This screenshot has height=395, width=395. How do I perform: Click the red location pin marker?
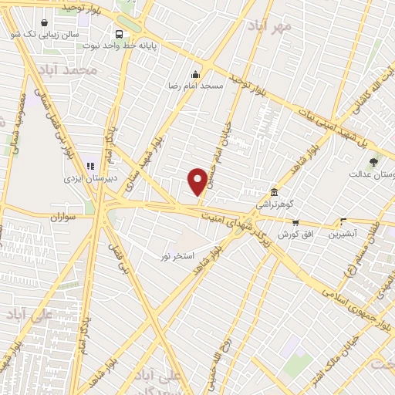tap(197, 181)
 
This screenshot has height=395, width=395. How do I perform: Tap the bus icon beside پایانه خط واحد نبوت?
tap(119, 34)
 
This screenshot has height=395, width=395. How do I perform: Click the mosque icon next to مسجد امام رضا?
tap(195, 75)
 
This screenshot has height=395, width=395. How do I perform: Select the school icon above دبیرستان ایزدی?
tap(91, 164)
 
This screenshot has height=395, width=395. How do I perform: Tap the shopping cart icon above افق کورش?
tap(295, 222)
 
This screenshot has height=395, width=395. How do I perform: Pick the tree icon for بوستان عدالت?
tap(374, 162)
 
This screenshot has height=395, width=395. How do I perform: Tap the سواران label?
tap(67, 218)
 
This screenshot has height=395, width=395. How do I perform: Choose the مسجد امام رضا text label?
tap(196, 86)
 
